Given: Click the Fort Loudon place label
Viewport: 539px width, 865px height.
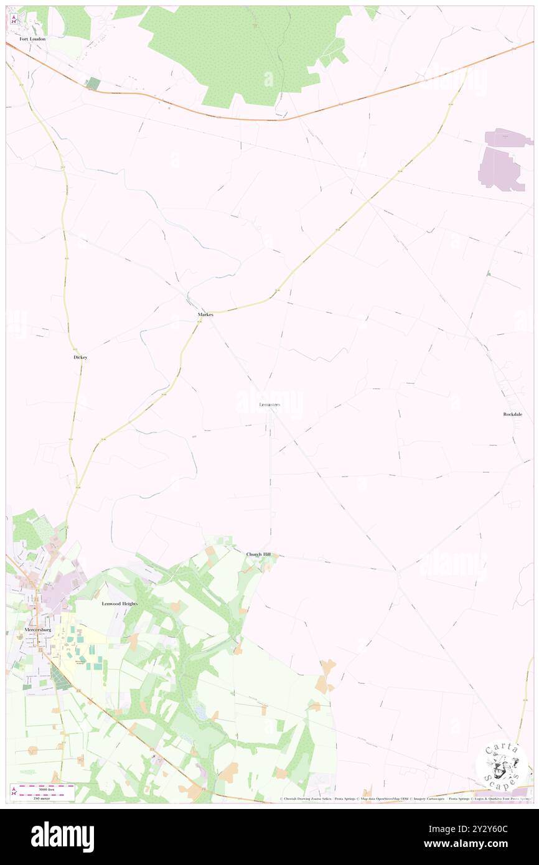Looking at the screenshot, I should (32, 39).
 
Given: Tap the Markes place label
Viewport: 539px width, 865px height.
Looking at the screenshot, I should (205, 315).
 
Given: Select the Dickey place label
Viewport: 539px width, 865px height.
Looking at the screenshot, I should (80, 358).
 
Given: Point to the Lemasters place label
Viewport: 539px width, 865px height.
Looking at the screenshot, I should (269, 405).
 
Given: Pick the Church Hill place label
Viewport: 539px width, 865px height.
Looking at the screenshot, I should (258, 554).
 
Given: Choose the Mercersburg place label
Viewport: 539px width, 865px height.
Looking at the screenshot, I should (37, 629).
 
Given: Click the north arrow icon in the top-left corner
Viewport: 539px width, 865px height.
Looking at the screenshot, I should (14, 19).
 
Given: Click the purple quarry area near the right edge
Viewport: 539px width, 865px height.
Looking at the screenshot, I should (501, 161).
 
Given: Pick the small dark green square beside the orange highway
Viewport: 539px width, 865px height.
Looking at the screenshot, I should (93, 83).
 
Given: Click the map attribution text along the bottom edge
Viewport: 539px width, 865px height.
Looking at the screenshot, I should (405, 798).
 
